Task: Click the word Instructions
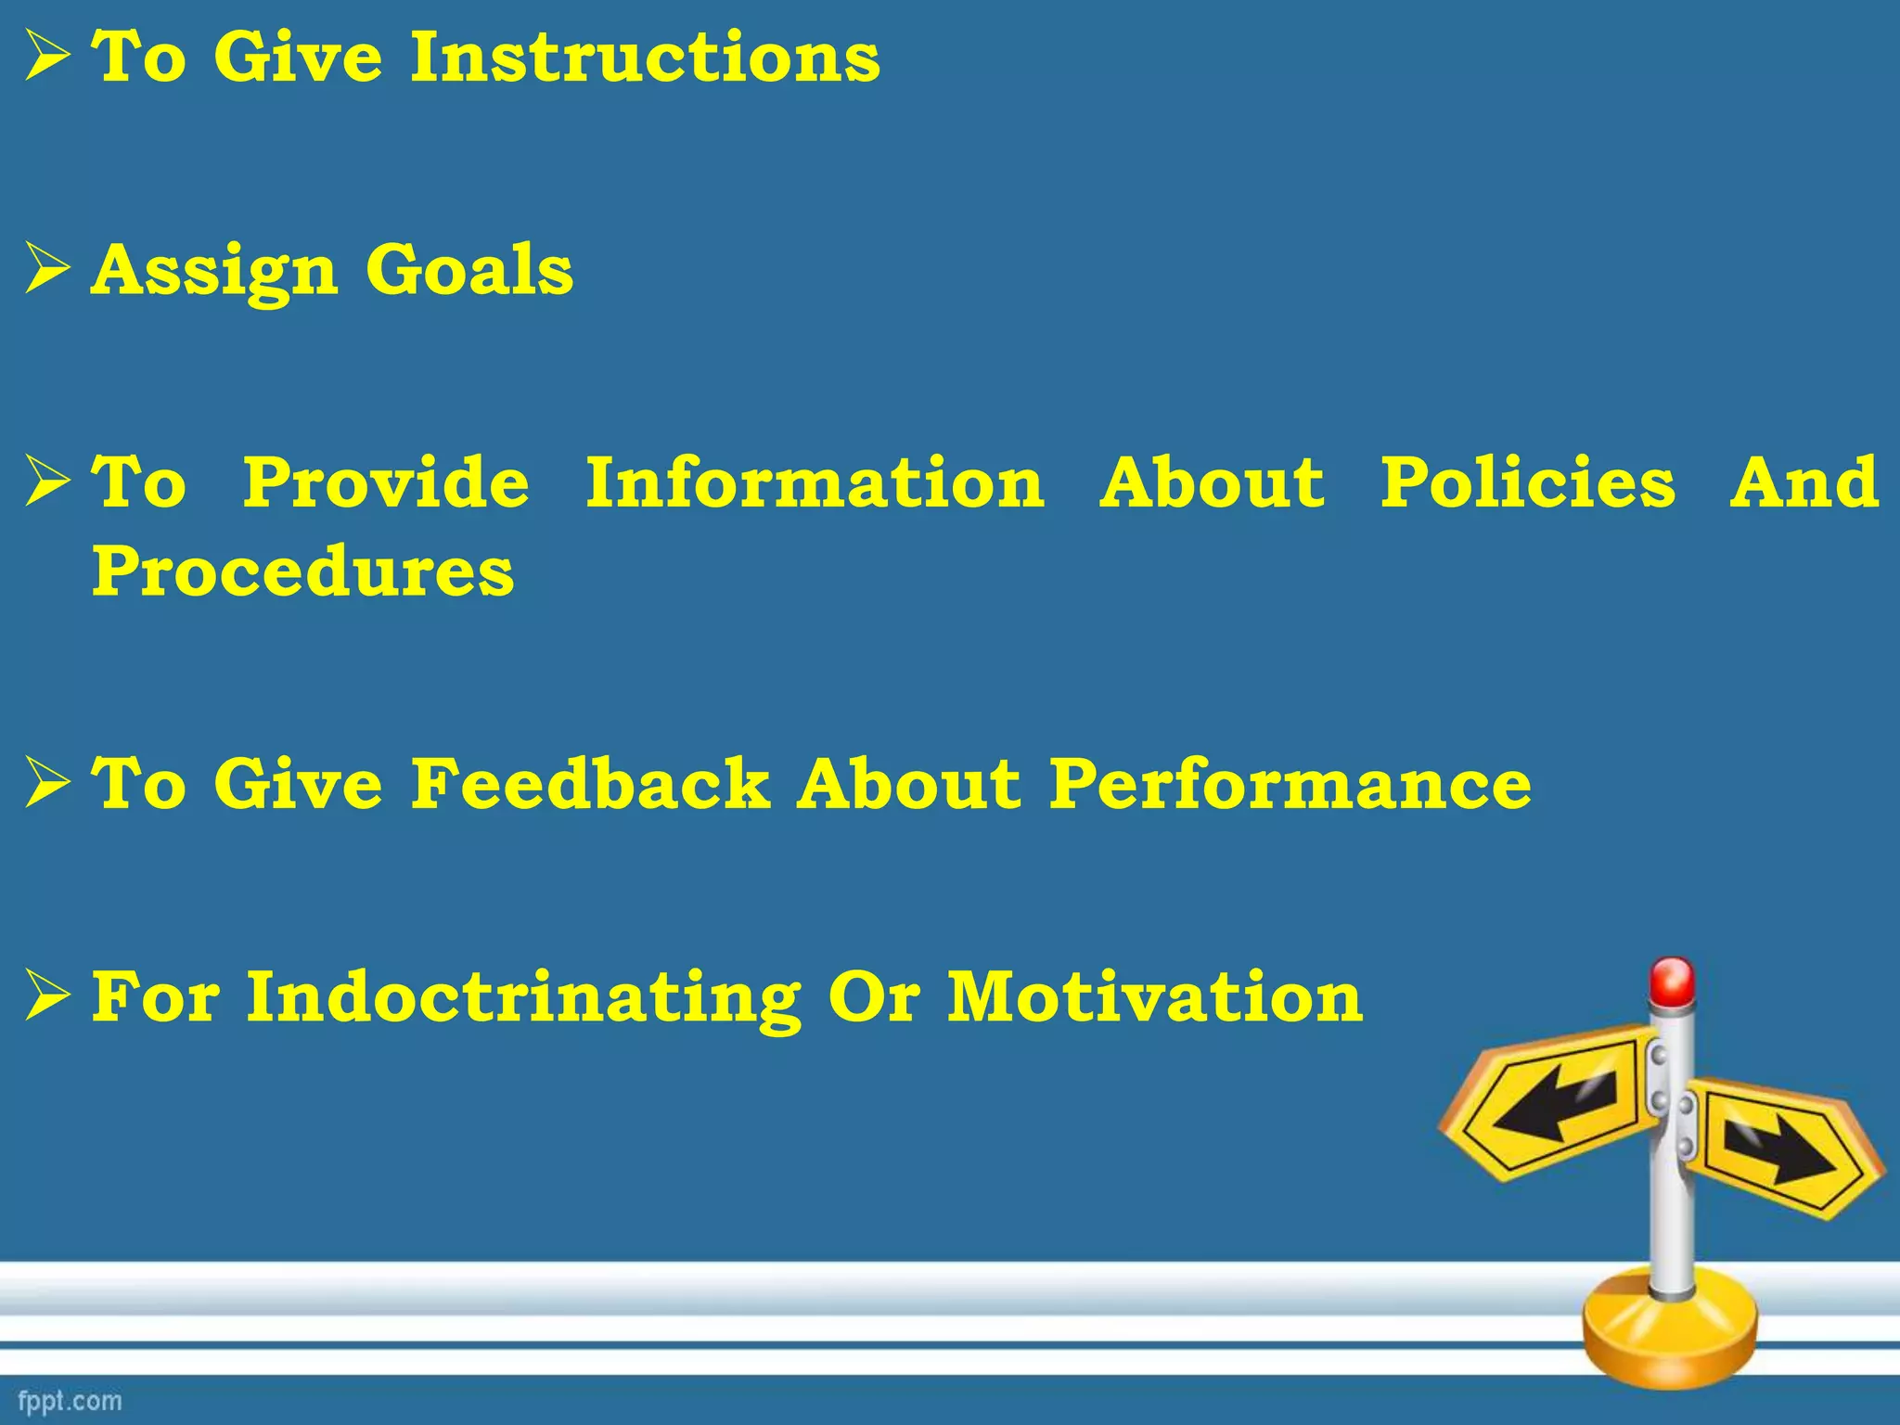pyautogui.click(x=645, y=58)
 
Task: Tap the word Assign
pyautogui.click(x=214, y=271)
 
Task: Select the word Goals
pyautogui.click(x=469, y=271)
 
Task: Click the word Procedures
pyautogui.click(x=302, y=571)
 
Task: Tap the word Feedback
pyautogui.click(x=590, y=784)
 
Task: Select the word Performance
pyautogui.click(x=1290, y=784)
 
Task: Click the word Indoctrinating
pyautogui.click(x=523, y=998)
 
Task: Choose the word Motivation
pyautogui.click(x=1154, y=998)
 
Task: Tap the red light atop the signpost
pyautogui.click(x=1672, y=982)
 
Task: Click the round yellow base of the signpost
pyautogui.click(x=1669, y=1336)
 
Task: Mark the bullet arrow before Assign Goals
pyautogui.click(x=47, y=269)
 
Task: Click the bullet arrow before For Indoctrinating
pyautogui.click(x=47, y=996)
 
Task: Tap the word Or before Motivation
pyautogui.click(x=874, y=998)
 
